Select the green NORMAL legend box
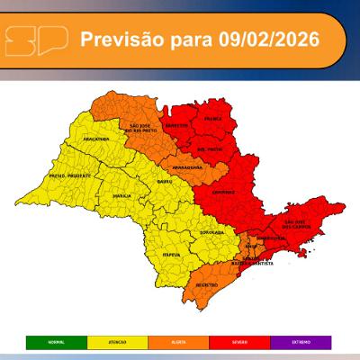click(x=56, y=342)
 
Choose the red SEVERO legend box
click(x=241, y=342)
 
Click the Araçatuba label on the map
click(x=94, y=140)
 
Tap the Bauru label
click(x=164, y=183)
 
